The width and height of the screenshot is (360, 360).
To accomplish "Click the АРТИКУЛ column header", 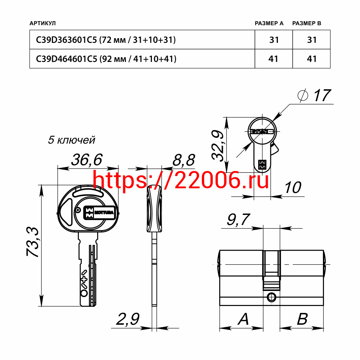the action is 42,23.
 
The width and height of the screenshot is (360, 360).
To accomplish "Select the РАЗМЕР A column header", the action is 269,23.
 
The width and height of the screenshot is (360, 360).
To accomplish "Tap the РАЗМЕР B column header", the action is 306,23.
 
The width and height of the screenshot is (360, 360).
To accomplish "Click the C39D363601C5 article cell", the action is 106,40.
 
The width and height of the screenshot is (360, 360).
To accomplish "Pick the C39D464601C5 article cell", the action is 106,59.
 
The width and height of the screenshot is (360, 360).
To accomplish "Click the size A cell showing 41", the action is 273,59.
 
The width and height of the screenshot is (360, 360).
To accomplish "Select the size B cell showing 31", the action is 312,40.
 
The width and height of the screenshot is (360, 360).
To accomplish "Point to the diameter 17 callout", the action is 314,95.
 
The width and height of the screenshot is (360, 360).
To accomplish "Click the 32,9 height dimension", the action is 217,145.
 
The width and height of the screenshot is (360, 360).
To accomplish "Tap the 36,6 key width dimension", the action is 86,160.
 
